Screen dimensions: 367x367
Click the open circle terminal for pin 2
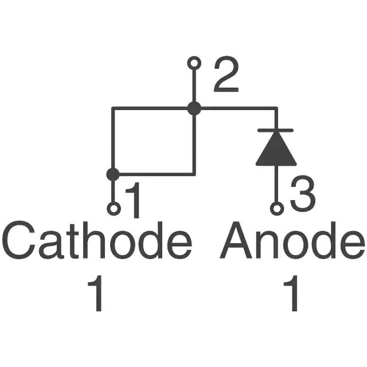tap(194, 63)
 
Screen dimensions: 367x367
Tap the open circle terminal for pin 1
tap(114, 208)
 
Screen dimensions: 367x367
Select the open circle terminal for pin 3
tap(277, 208)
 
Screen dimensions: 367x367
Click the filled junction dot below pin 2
tap(194, 108)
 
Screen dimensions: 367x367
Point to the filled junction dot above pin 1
tap(113, 174)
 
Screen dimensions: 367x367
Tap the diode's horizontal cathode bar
tap(275, 130)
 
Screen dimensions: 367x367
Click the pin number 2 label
tap(226, 74)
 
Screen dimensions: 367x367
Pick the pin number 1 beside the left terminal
tap(134, 200)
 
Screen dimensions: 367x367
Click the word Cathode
tap(97, 240)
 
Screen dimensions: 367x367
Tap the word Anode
tap(292, 240)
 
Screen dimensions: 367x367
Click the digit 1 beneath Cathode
tap(96, 293)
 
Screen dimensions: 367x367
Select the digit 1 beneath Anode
tap(291, 293)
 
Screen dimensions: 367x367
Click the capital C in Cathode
tap(19, 240)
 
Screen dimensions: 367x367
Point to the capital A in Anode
tap(236, 240)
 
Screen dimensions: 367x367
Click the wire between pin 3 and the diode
tap(277, 183)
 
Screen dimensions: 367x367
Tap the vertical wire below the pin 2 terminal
tap(194, 86)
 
